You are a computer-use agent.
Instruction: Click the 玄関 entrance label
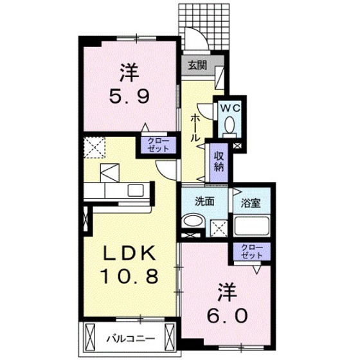(197, 65)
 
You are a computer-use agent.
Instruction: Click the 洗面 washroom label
(204, 200)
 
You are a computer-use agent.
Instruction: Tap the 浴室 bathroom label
(251, 201)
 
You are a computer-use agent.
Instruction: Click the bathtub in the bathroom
(251, 227)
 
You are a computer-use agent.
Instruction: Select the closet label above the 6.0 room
(252, 251)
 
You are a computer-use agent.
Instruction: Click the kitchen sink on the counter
(136, 190)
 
